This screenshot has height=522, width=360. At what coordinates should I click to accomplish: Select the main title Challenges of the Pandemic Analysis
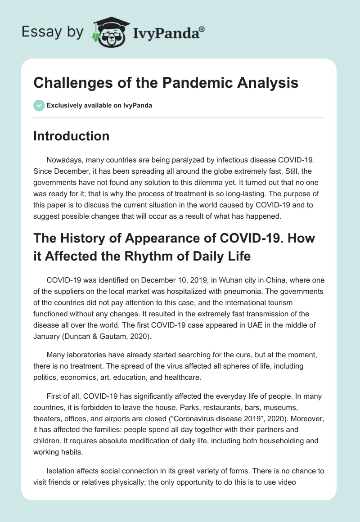tap(166, 83)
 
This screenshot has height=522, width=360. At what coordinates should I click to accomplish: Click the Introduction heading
tap(71, 136)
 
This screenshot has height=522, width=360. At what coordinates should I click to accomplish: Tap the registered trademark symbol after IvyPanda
tap(202, 28)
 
